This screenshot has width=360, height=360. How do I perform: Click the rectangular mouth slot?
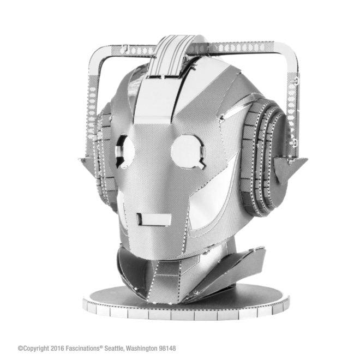(154, 219)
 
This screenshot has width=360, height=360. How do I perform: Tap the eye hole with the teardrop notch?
(188, 151)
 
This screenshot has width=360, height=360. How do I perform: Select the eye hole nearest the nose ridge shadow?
(125, 152)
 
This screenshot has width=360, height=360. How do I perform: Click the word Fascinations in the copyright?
(83, 348)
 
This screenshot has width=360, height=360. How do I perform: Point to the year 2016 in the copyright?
(57, 349)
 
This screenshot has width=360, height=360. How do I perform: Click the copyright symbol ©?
(20, 349)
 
